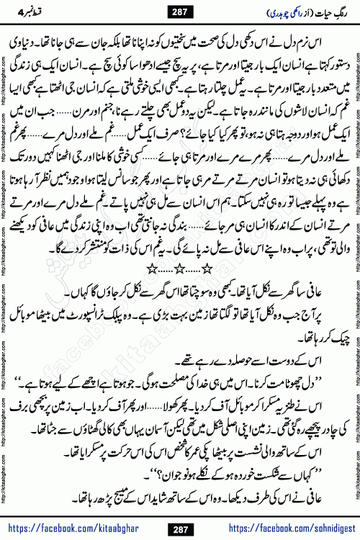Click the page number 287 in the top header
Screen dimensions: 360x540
click(x=179, y=12)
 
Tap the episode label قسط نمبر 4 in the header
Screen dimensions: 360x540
click(x=28, y=12)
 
